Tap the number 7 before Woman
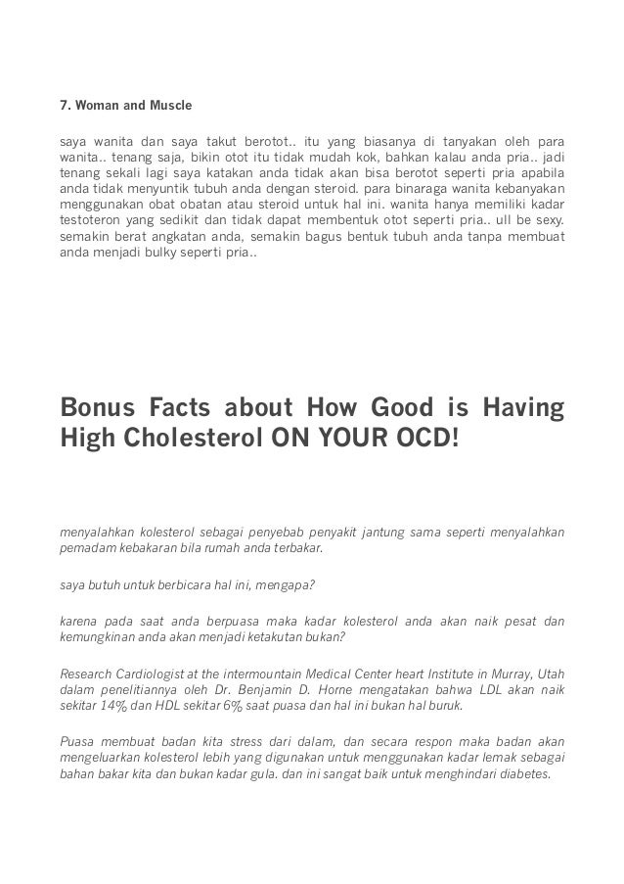65,105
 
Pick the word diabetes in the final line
524,775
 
